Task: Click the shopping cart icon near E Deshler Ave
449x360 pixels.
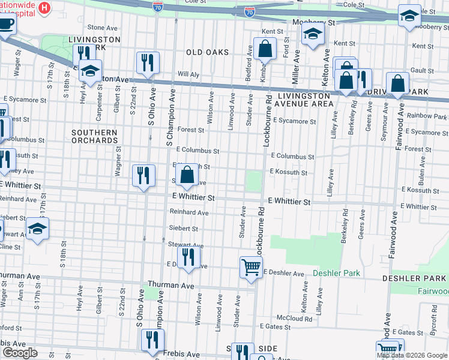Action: [x=251, y=268]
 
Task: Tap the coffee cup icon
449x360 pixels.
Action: [x=7, y=25]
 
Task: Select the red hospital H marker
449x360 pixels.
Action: [x=44, y=8]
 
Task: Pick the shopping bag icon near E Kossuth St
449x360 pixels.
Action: [x=187, y=175]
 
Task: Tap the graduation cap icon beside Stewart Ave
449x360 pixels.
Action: [x=38, y=229]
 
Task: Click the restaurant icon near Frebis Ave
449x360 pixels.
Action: [x=152, y=340]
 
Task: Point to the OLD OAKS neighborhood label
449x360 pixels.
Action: [x=207, y=52]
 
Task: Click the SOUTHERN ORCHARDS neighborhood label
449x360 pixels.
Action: [x=95, y=136]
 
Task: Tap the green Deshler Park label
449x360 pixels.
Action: [x=336, y=273]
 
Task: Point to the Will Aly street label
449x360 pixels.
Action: [x=187, y=75]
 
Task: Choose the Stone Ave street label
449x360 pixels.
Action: [x=103, y=28]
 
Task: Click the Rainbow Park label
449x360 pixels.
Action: [x=427, y=115]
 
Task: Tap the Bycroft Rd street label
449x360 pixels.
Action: [x=434, y=318]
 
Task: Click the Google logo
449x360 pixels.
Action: [x=20, y=353]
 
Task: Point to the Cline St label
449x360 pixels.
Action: [x=10, y=247]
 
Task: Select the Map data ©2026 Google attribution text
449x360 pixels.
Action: [x=412, y=355]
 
